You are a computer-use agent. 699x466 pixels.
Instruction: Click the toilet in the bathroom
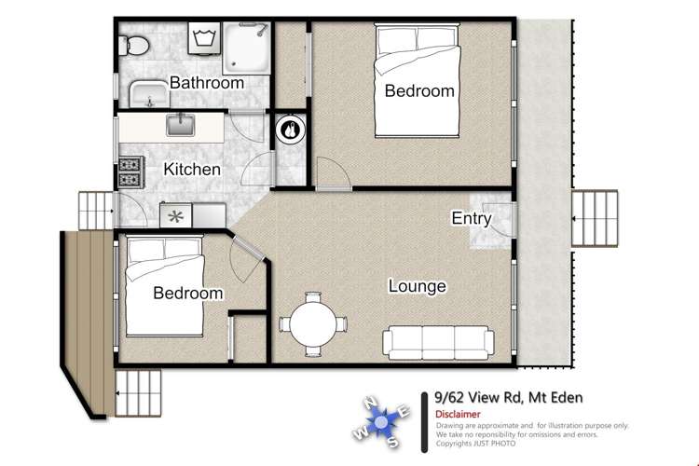click(x=133, y=46)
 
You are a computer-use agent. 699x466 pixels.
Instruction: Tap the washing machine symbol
click(x=204, y=38)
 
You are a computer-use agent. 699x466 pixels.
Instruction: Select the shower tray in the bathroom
click(x=247, y=48)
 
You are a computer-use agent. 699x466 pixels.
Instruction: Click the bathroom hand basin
click(x=149, y=94)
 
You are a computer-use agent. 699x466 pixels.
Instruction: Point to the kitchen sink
click(x=181, y=125)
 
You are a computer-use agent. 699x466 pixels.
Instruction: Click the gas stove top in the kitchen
click(x=131, y=172)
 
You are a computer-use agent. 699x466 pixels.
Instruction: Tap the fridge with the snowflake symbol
click(x=175, y=216)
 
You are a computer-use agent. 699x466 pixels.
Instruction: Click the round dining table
click(x=313, y=324)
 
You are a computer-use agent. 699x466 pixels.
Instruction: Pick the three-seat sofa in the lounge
click(x=438, y=342)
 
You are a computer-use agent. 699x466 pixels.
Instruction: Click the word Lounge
click(x=418, y=286)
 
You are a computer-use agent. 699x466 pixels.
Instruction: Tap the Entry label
click(x=472, y=218)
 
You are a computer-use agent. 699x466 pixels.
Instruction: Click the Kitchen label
click(x=192, y=169)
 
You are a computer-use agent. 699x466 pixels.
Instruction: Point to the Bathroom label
click(x=207, y=83)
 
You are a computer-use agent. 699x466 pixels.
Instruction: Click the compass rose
click(x=380, y=421)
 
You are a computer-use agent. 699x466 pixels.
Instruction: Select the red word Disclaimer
click(x=458, y=414)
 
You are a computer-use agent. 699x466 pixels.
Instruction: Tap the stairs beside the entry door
click(x=595, y=218)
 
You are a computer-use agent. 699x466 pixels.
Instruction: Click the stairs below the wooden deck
click(x=138, y=393)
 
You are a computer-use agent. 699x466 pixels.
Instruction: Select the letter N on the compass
click(x=371, y=403)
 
